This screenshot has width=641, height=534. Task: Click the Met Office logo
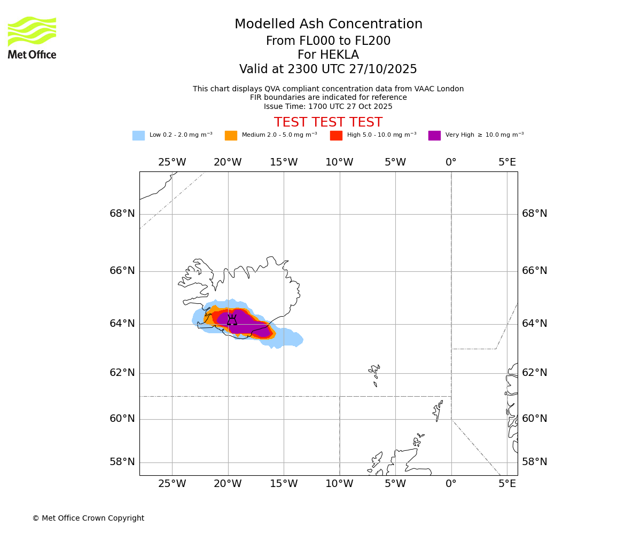32,37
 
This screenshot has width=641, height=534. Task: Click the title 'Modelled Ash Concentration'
328,25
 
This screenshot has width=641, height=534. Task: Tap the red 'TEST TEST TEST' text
328,123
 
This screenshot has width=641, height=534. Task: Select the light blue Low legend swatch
138,136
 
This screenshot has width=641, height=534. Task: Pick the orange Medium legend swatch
231,136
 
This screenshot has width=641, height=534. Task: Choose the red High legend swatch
336,136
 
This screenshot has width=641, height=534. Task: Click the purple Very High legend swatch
434,136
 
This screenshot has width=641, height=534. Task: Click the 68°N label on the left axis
122,214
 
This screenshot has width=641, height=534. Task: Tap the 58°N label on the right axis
534,462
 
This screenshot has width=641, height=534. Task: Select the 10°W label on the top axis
339,162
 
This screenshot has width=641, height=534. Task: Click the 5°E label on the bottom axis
507,484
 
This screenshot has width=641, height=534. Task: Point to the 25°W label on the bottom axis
172,484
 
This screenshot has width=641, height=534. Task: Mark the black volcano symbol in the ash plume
232,321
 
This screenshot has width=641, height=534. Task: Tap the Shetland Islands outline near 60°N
438,410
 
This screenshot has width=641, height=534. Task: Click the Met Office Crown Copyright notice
88,519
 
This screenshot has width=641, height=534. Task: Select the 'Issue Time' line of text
328,107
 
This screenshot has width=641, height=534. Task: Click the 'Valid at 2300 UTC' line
328,69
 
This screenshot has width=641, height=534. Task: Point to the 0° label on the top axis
451,162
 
